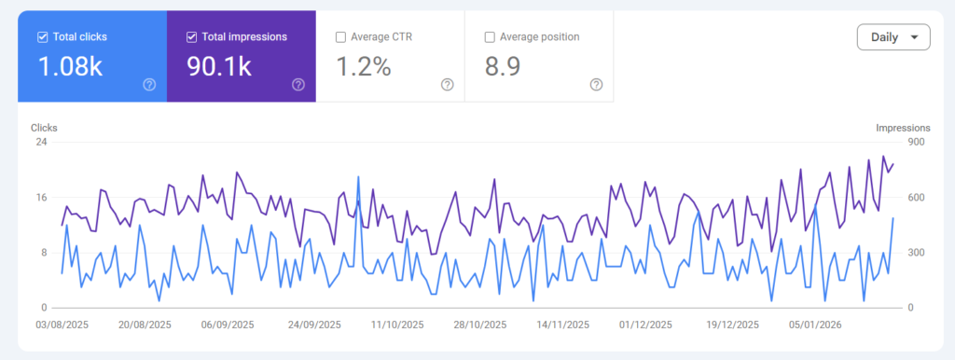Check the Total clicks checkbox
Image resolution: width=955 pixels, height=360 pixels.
pyautogui.click(x=42, y=37)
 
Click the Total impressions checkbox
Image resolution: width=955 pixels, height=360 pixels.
pyautogui.click(x=191, y=37)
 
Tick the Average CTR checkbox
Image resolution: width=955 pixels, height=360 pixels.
pyautogui.click(x=340, y=37)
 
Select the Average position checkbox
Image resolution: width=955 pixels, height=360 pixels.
pyautogui.click(x=490, y=37)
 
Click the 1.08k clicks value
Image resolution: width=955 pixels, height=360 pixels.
pyautogui.click(x=70, y=66)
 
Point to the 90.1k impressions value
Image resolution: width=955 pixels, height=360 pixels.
pyautogui.click(x=220, y=66)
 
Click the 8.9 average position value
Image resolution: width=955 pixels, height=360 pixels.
pyautogui.click(x=504, y=66)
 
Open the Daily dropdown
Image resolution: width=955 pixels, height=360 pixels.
pyautogui.click(x=893, y=37)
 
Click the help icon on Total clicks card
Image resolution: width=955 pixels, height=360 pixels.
pyautogui.click(x=149, y=85)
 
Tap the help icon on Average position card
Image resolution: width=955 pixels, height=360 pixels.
pyautogui.click(x=597, y=85)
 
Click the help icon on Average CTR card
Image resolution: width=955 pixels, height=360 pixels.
pyautogui.click(x=447, y=85)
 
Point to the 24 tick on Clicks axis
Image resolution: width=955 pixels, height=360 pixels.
pyautogui.click(x=41, y=142)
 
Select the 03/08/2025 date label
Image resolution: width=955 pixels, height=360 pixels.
pyautogui.click(x=62, y=325)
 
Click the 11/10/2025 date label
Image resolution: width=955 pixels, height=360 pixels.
pyautogui.click(x=397, y=325)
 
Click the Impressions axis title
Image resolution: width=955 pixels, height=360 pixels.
pyautogui.click(x=903, y=128)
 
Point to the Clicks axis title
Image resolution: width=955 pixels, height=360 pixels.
pyautogui.click(x=45, y=128)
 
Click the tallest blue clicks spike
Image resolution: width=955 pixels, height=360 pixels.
pyautogui.click(x=358, y=176)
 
